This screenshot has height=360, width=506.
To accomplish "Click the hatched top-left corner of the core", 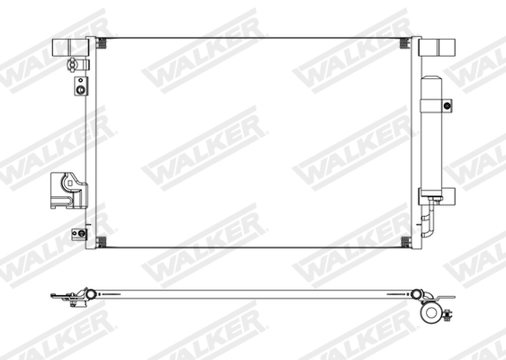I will (101, 41).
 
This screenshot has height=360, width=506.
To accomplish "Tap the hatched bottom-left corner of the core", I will (101, 241).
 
